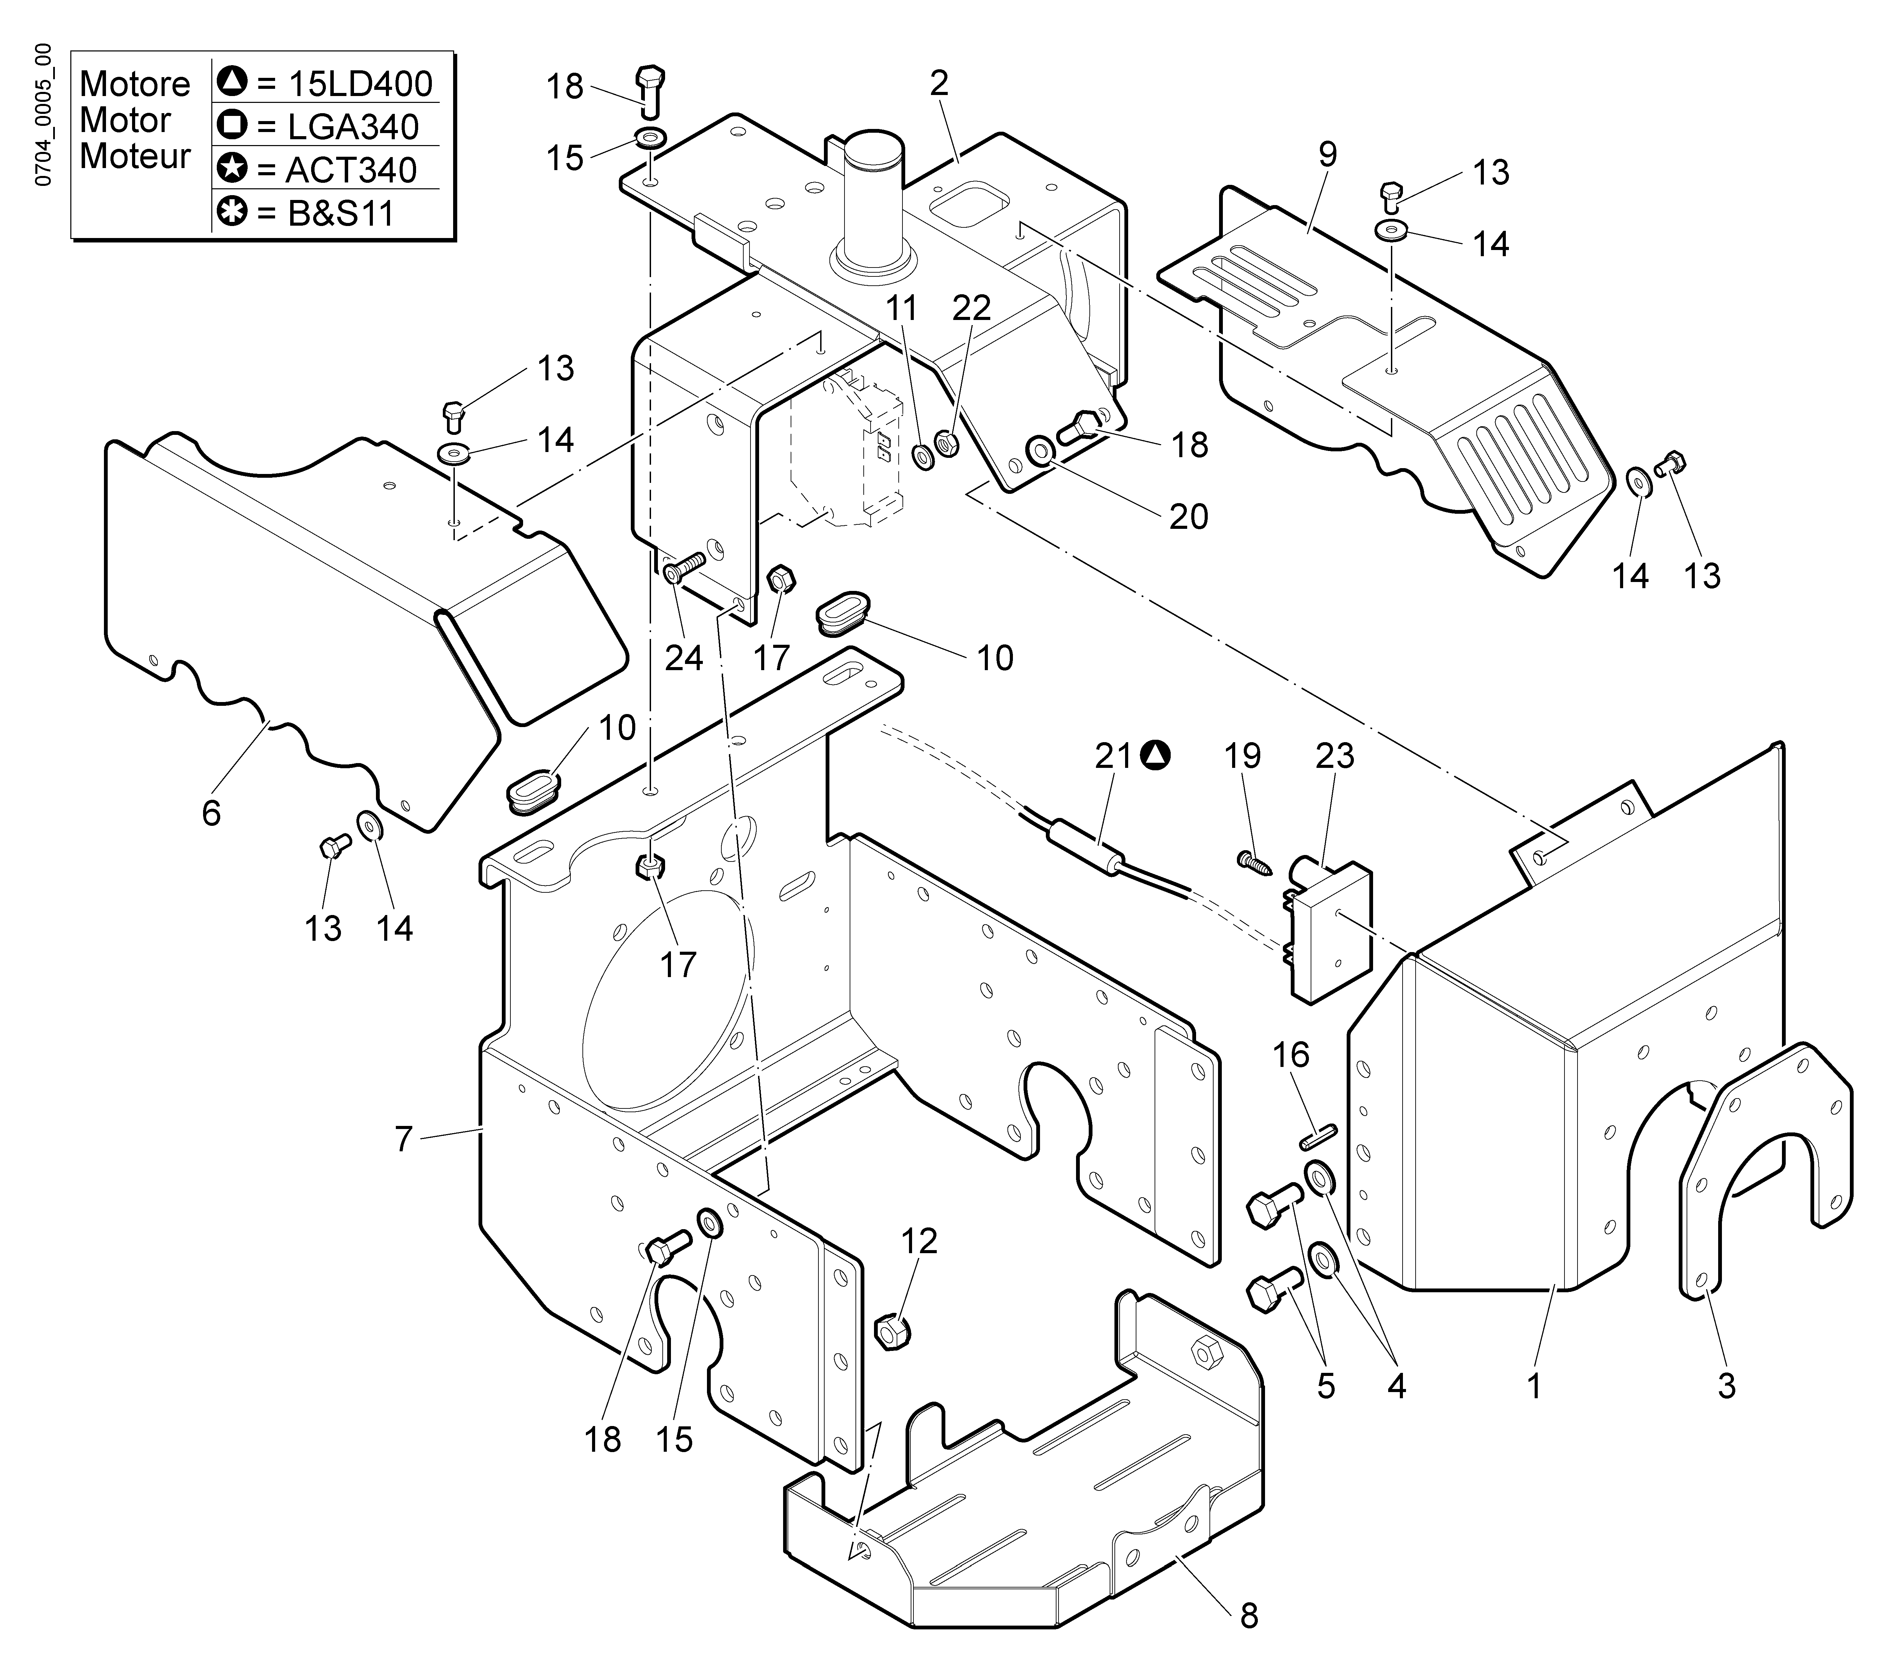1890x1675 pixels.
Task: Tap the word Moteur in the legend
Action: pyautogui.click(x=135, y=156)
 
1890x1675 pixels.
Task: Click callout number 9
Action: pyautogui.click(x=1327, y=154)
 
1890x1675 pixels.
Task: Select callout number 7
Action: pyautogui.click(x=402, y=1140)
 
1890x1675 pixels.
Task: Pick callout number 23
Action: pyautogui.click(x=1334, y=756)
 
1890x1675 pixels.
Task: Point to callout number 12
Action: pyautogui.click(x=919, y=1240)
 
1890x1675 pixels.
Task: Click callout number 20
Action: pyautogui.click(x=1188, y=516)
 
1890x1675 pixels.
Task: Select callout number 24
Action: pyautogui.click(x=684, y=658)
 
